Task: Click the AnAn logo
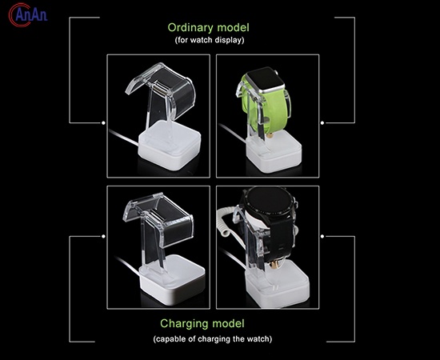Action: tap(27, 15)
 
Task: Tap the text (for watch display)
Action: tap(210, 40)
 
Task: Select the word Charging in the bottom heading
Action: tap(184, 323)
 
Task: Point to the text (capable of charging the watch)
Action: tap(213, 339)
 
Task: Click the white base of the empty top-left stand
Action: tap(170, 146)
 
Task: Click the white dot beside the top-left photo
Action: tap(103, 123)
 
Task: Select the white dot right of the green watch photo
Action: tap(322, 123)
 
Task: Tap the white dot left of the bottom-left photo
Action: tap(103, 236)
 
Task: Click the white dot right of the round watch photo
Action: tap(322, 236)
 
